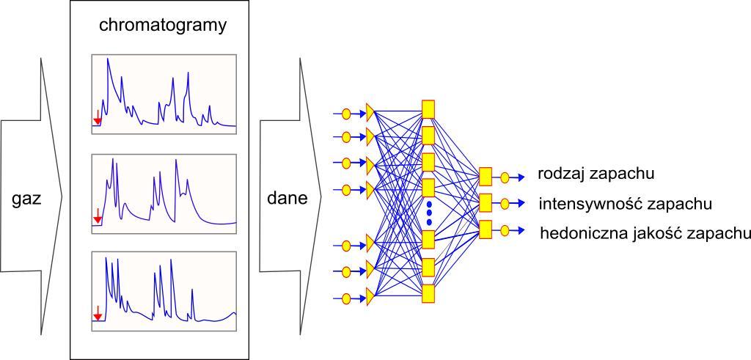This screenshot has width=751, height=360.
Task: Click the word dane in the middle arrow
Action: pyautogui.click(x=286, y=198)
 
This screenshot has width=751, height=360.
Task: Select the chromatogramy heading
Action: pyautogui.click(x=164, y=26)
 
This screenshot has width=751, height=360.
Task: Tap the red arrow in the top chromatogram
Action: pyautogui.click(x=98, y=117)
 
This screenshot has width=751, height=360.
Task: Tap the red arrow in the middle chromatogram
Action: pyautogui.click(x=98, y=216)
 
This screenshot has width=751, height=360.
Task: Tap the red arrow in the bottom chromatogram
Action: pyautogui.click(x=98, y=315)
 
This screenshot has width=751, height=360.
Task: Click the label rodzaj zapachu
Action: pyautogui.click(x=596, y=175)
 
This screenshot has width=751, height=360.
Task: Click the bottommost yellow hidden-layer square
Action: pyautogui.click(x=428, y=293)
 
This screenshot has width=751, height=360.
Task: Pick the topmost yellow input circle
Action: pyautogui.click(x=348, y=114)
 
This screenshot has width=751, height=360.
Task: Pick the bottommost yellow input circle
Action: pyautogui.click(x=348, y=298)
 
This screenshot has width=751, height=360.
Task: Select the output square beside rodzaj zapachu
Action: pyautogui.click(x=485, y=176)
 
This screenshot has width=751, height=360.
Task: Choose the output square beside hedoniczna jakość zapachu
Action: pyautogui.click(x=485, y=229)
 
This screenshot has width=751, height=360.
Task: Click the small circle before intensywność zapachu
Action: pyautogui.click(x=505, y=203)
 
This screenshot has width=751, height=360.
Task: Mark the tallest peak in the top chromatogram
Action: pyautogui.click(x=108, y=60)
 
